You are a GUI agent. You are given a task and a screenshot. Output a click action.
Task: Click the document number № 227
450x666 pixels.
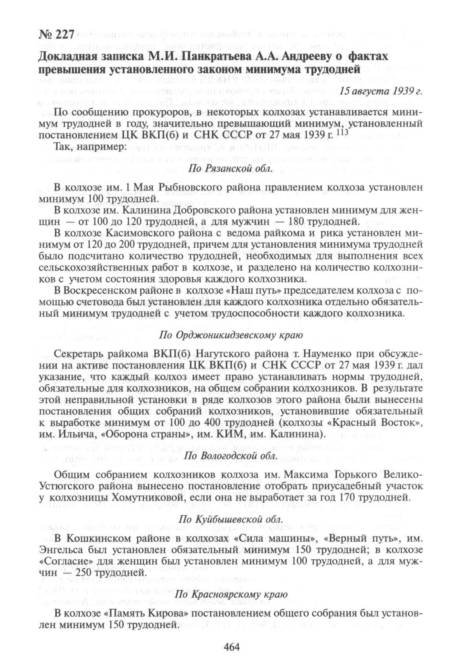pyautogui.click(x=56, y=35)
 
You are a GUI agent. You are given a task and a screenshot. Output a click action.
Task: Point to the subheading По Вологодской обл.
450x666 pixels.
pyautogui.click(x=230, y=456)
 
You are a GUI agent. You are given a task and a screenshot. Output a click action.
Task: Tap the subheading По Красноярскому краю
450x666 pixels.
pyautogui.click(x=231, y=594)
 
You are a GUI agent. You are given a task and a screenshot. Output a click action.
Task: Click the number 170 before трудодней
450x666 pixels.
pyautogui.click(x=354, y=498)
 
